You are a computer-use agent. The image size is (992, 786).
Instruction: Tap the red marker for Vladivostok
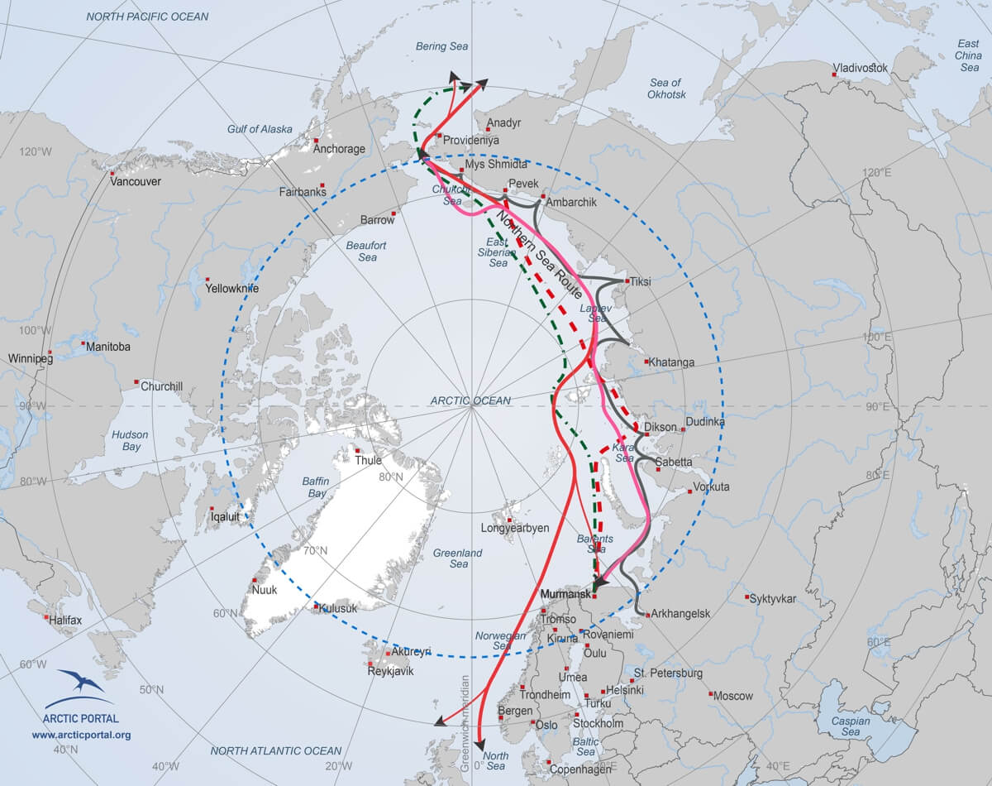click(835, 76)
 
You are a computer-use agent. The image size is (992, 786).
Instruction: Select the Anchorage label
click(339, 149)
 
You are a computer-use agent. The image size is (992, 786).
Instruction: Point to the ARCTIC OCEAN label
click(470, 400)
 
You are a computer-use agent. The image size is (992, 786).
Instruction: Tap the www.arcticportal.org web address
click(81, 735)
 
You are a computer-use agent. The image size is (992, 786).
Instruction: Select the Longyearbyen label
click(515, 528)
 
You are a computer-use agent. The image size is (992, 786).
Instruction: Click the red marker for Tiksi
click(627, 281)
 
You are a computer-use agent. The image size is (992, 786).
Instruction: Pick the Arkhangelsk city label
click(681, 614)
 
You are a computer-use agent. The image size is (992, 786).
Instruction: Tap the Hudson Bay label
click(131, 440)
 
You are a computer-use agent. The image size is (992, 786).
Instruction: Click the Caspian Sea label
click(851, 726)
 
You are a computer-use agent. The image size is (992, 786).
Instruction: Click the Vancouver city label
click(136, 181)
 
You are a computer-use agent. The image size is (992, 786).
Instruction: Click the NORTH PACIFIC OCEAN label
click(148, 17)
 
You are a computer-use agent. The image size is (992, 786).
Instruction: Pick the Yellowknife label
click(233, 289)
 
